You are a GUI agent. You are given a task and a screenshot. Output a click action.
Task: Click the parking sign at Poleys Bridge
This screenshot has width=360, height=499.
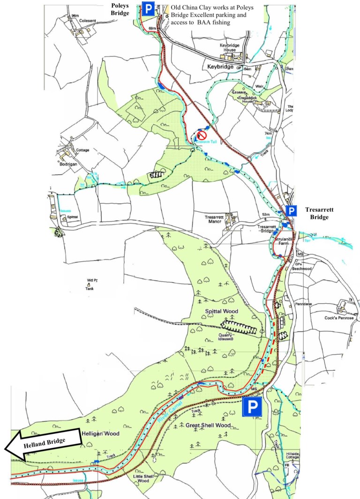pyautogui.click(x=148, y=9)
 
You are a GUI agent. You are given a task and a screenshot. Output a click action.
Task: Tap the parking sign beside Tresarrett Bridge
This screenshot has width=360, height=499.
pyautogui.click(x=292, y=211)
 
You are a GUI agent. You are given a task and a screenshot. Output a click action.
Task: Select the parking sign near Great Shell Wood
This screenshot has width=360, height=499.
pyautogui.click(x=252, y=408)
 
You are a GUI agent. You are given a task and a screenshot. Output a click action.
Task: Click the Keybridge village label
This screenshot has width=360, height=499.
pyautogui.click(x=220, y=67)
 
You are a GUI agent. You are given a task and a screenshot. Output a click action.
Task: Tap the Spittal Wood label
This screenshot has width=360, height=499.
pyautogui.click(x=221, y=311)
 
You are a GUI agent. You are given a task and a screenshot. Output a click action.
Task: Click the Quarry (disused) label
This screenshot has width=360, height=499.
pyautogui.click(x=229, y=337)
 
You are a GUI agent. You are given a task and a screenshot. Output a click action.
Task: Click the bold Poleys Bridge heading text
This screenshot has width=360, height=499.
pyautogui.click(x=120, y=9)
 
